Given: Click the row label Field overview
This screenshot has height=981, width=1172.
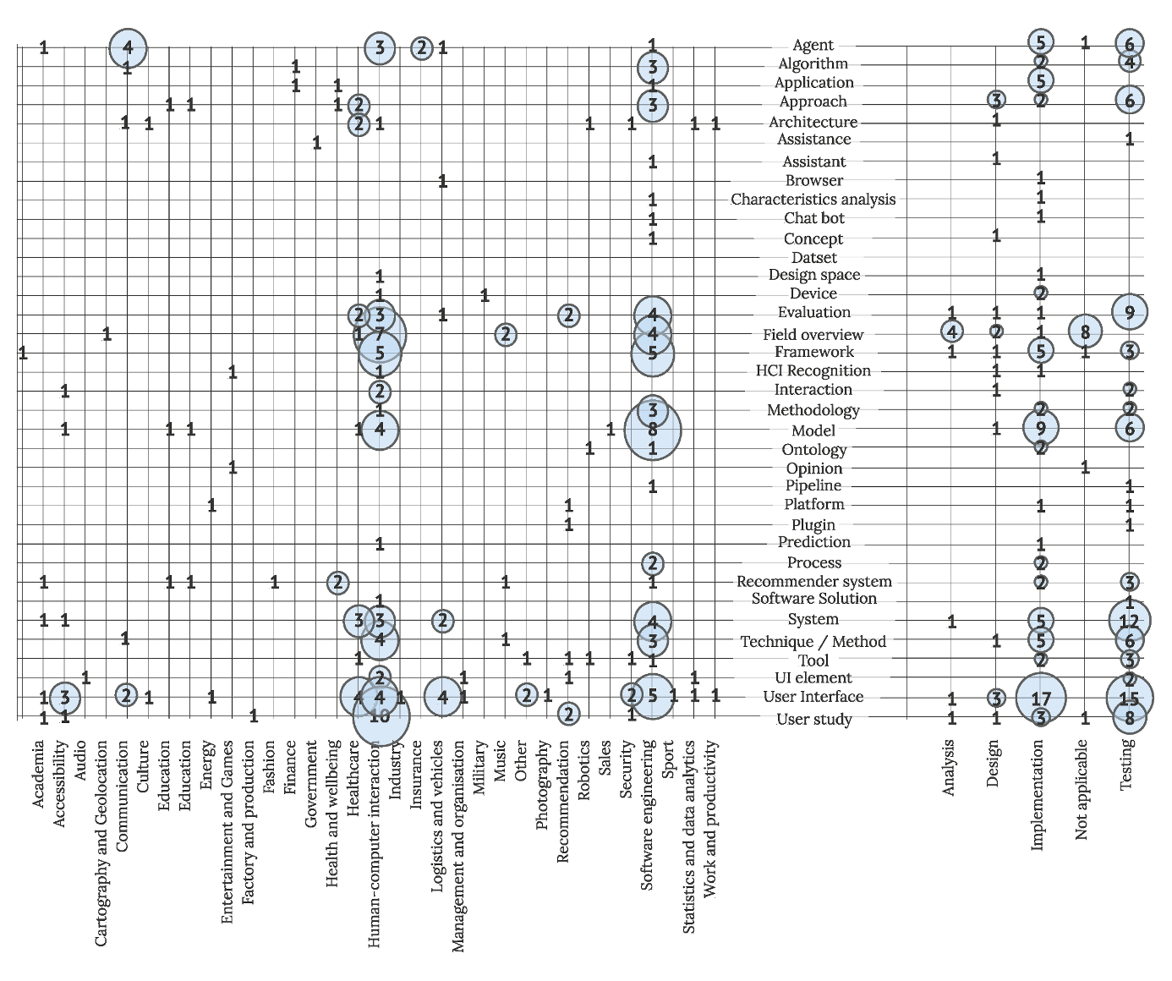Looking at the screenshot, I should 813,335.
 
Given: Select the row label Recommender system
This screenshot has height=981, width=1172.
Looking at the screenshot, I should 813,582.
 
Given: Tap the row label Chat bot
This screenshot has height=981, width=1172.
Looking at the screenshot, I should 813,218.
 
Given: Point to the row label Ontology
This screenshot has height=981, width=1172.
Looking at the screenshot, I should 813,450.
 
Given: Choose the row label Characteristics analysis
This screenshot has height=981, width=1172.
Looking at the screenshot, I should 813,200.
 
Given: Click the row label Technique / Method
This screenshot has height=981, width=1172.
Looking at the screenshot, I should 813,642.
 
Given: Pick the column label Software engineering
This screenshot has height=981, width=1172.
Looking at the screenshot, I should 648,814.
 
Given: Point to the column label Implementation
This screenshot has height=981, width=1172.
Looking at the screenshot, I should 1038,795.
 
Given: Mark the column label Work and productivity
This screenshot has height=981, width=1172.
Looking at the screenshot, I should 710,819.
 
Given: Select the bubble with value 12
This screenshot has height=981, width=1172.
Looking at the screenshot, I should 1129,621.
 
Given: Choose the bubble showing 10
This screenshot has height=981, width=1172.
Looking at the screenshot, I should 380,716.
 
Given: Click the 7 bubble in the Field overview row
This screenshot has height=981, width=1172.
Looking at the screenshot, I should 380,334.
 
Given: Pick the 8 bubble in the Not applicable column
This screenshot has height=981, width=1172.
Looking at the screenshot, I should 1085,332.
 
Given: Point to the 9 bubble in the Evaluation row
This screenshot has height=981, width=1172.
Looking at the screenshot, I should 1130,312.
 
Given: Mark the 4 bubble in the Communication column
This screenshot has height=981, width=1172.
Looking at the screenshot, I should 128,47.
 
